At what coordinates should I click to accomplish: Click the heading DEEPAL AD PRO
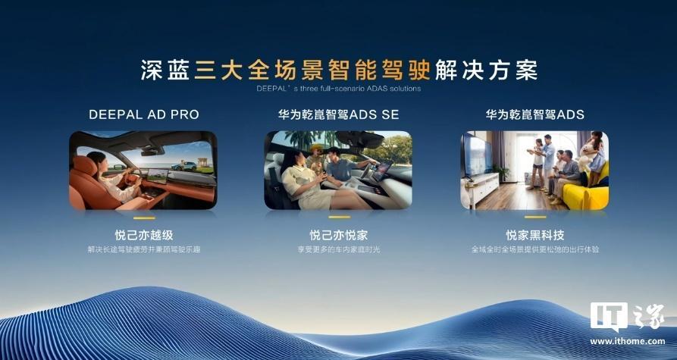(143, 115)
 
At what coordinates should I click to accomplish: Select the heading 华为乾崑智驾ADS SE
(338, 115)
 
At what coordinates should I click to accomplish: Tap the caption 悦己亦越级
(143, 235)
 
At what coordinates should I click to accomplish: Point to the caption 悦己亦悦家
(338, 235)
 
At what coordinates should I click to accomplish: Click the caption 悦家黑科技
(534, 235)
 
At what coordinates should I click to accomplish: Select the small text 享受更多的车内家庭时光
(338, 249)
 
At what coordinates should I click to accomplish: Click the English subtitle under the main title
(338, 88)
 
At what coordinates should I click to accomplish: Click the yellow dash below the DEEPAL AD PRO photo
(143, 219)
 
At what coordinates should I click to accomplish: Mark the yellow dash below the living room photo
(534, 219)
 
